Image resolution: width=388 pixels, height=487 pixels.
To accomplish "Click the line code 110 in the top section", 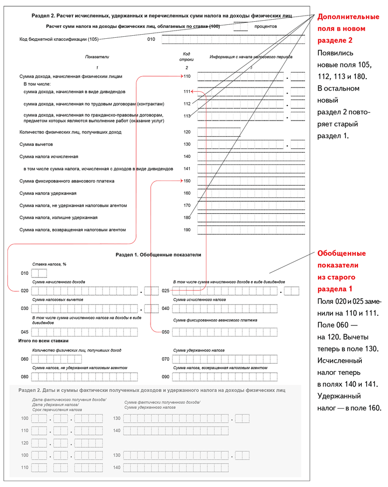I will [187, 76].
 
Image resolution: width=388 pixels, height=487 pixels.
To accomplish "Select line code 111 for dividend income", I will [187, 92].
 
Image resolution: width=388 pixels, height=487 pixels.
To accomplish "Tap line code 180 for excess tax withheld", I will [187, 217].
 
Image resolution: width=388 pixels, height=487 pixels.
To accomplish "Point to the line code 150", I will [187, 181].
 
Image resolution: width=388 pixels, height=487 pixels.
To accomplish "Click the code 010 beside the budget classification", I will [151, 39].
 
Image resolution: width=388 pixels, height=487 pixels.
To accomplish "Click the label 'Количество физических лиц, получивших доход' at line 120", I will [70, 132].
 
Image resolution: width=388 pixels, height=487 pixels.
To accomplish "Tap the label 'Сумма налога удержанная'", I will [48, 193].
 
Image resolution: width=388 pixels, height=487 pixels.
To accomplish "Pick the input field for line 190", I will [251, 230].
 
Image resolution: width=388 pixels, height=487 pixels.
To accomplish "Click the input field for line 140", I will [251, 156].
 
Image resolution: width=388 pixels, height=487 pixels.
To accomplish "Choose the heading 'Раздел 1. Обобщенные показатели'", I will [158, 255].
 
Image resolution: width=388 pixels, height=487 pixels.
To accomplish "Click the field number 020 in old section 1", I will [24, 291].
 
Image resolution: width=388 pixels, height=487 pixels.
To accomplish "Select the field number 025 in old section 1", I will [166, 291].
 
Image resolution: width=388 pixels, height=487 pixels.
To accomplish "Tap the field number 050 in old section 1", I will [166, 332].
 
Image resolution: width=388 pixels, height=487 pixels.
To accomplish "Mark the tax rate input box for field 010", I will [39, 273].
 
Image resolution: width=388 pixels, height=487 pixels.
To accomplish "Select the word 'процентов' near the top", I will [266, 26].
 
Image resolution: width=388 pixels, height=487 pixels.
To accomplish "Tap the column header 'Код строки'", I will [187, 57].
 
